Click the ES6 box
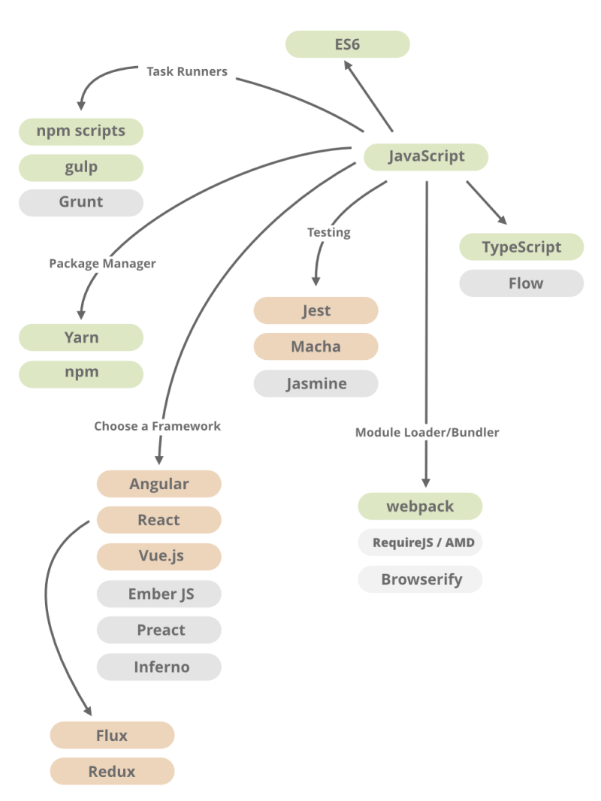pyautogui.click(x=347, y=44)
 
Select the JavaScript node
pyautogui.click(x=426, y=157)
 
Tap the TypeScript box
pyautogui.click(x=521, y=247)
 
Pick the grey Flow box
pyautogui.click(x=521, y=283)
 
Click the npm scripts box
pyautogui.click(x=81, y=131)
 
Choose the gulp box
pyautogui.click(x=81, y=168)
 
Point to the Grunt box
pyautogui.click(x=81, y=203)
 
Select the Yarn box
pyautogui.click(x=81, y=337)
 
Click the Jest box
pyautogui.click(x=316, y=310)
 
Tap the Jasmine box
pyautogui.click(x=316, y=384)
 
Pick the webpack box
pyautogui.click(x=420, y=506)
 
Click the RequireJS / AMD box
pyautogui.click(x=420, y=543)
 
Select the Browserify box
pyautogui.click(x=420, y=579)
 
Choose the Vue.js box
pyautogui.click(x=159, y=556)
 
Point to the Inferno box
pyautogui.click(x=159, y=666)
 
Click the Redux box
pyautogui.click(x=113, y=771)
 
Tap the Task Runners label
pyautogui.click(x=187, y=71)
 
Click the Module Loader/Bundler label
pyautogui.click(x=427, y=432)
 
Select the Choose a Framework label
pyautogui.click(x=157, y=426)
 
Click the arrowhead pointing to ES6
pyautogui.click(x=349, y=66)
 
